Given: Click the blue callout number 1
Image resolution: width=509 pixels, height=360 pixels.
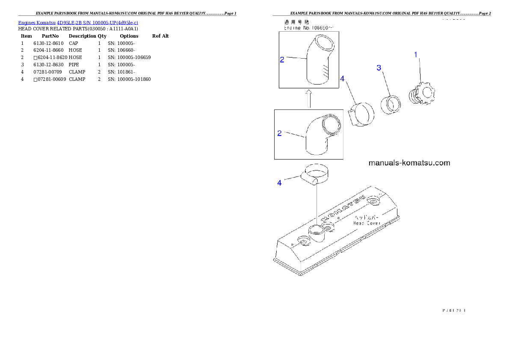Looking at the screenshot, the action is pyautogui.click(x=415, y=54).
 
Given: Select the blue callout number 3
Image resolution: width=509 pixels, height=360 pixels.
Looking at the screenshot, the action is pyautogui.click(x=379, y=68).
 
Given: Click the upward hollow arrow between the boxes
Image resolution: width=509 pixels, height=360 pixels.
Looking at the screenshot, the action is pyautogui.click(x=309, y=99).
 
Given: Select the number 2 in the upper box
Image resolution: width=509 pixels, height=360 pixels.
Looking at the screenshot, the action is pyautogui.click(x=282, y=60).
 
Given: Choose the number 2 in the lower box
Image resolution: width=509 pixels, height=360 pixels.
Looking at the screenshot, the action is pyautogui.click(x=279, y=133).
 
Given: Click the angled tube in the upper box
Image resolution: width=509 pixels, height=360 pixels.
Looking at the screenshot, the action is pyautogui.click(x=317, y=62).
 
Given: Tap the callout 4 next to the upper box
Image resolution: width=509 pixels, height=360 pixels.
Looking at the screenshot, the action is pyautogui.click(x=342, y=79).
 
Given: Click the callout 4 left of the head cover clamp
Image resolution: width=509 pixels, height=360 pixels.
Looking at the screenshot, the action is pyautogui.click(x=279, y=183).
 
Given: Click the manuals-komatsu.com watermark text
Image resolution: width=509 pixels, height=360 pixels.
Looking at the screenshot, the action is pyautogui.click(x=409, y=163).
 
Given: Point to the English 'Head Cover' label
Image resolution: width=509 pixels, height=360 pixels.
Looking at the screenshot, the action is pyautogui.click(x=367, y=223).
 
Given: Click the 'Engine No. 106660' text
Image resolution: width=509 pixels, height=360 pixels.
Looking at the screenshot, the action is pyautogui.click(x=309, y=27).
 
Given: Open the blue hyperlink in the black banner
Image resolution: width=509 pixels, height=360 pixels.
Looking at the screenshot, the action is pyautogui.click(x=78, y=23).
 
